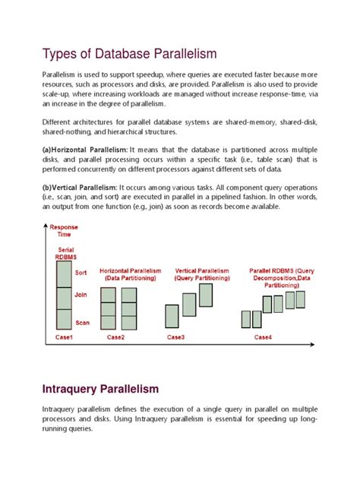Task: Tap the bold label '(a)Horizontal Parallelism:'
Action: [84, 150]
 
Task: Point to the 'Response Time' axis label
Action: [64, 231]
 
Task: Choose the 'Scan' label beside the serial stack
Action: [83, 322]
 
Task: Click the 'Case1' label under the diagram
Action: [65, 336]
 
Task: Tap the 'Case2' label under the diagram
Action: [115, 336]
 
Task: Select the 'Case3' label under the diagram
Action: [175, 336]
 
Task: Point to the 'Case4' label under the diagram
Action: [264, 336]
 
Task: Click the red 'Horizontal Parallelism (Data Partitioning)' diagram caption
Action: [128, 274]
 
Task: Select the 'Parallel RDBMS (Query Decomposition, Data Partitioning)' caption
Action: [282, 278]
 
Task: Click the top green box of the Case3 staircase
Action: [206, 295]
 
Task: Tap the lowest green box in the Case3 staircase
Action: [172, 315]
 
